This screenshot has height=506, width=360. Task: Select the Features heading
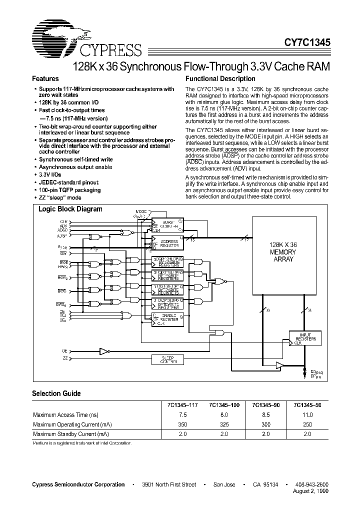[45, 79]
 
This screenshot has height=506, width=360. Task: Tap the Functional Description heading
[220, 79]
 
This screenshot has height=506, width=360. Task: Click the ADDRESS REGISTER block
[167, 244]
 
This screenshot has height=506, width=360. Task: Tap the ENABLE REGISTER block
[167, 318]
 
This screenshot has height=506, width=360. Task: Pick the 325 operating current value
[223, 424]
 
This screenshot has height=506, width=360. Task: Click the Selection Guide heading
[56, 393]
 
